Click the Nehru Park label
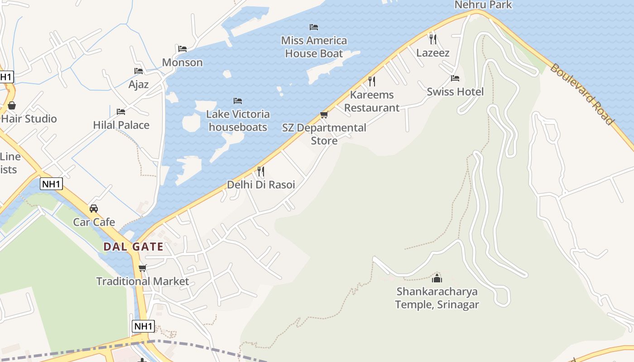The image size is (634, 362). coord(483,5)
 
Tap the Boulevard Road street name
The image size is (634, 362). coord(582,94)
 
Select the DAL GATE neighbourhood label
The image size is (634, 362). coord(133,247)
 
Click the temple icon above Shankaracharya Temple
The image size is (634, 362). coord(437,278)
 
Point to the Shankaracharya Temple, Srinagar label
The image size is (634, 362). coord(437,298)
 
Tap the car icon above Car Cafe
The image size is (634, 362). coord(94,209)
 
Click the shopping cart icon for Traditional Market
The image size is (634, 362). coord(143,268)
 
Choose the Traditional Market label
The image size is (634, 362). coord(143,281)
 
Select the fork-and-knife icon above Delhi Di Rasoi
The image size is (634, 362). coord(260,171)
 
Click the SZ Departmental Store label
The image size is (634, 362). coord(324,134)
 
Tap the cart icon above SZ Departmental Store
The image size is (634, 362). coord(324,114)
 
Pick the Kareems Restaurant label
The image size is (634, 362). coord(372,101)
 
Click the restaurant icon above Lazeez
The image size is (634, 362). coord(433,39)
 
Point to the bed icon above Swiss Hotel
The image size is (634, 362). coord(455,78)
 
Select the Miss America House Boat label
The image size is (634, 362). coord(314,47)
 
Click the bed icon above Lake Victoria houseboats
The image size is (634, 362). coord(238,100)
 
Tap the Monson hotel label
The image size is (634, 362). coord(182,62)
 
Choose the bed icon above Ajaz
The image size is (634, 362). coord(139,71)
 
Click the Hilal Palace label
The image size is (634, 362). coord(121,125)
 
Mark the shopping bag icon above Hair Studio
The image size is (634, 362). coord(12,105)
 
